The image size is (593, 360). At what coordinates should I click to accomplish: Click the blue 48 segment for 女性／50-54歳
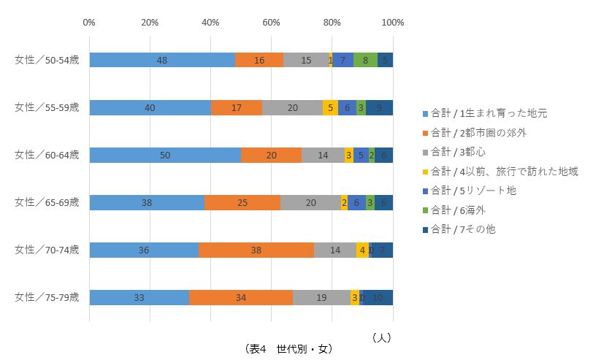pos(162,60)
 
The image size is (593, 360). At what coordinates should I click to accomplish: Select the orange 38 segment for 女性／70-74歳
pos(256,250)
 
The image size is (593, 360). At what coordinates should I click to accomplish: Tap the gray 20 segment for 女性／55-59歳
pos(292,107)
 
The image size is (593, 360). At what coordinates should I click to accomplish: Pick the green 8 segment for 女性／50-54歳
pos(365,60)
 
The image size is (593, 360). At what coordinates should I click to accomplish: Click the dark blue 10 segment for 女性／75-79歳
pos(378,297)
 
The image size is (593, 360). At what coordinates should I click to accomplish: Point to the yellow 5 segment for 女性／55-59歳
pos(330,107)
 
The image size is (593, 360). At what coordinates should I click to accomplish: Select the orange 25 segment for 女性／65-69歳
pos(242,202)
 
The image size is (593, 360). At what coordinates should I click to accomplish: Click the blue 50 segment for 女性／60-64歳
pos(165,155)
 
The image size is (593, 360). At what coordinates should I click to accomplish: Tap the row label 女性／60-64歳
pos(47,155)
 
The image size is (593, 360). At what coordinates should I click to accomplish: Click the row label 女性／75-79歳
pos(47,297)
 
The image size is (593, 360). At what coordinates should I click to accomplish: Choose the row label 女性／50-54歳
pos(47,60)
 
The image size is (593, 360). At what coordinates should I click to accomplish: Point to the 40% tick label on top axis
pos(210,23)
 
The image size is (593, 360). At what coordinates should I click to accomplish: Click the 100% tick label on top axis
pos(392,23)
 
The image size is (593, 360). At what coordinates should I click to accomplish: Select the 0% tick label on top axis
pos(89,23)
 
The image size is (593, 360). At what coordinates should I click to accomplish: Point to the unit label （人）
pos(381,337)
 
